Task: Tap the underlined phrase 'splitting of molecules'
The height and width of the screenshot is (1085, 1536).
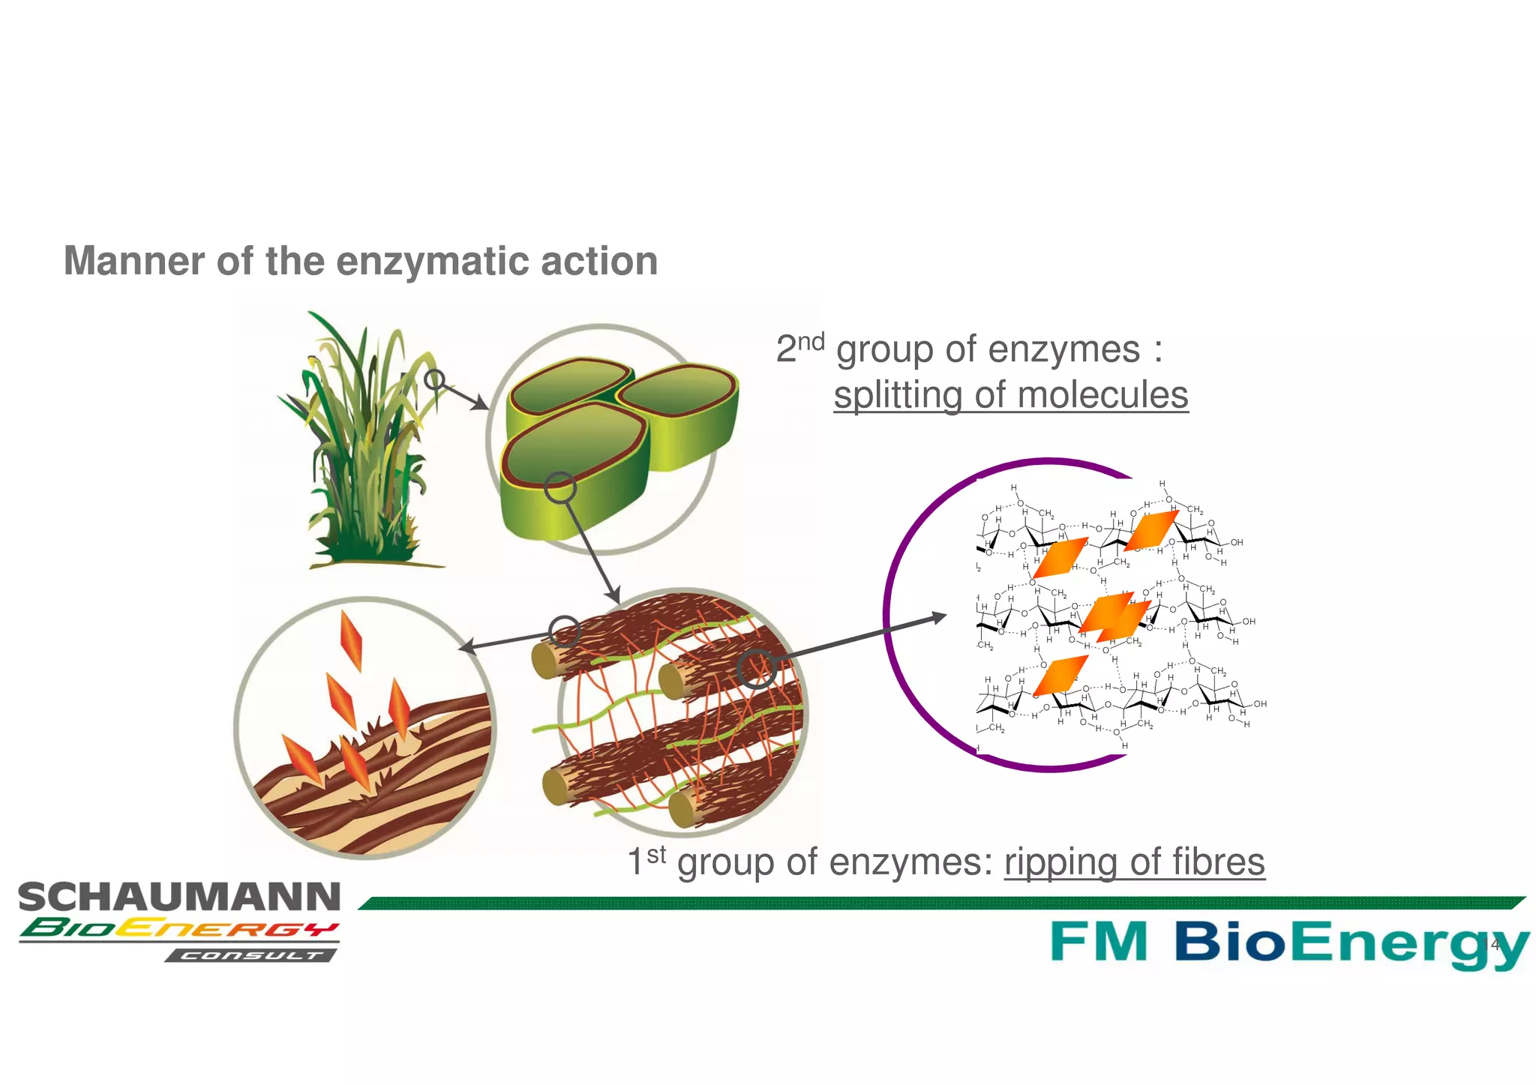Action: coord(1010,395)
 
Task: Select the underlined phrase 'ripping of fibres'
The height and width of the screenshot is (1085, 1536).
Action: coord(1134,862)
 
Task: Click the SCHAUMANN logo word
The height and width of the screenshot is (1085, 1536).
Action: coord(179,898)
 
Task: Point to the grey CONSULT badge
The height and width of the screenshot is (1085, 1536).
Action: coord(251,955)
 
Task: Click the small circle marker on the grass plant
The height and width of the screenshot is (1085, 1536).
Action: coord(434,379)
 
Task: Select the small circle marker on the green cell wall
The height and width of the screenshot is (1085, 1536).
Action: coord(559,488)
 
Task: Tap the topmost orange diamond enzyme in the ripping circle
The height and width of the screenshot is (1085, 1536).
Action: coord(351,640)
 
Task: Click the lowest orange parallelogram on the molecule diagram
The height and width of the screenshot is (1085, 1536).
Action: coord(1060,676)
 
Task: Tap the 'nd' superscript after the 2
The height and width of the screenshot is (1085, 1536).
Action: coord(810,343)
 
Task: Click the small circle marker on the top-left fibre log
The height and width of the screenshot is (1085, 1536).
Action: coord(564,631)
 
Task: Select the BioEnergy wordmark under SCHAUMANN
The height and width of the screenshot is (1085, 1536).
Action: coord(178,929)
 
